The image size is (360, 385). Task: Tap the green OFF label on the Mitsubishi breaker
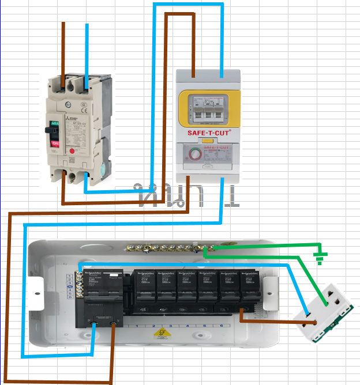pyautogui.click(x=55, y=122)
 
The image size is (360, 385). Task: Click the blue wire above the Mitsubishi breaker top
pyautogui.click(x=87, y=52)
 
